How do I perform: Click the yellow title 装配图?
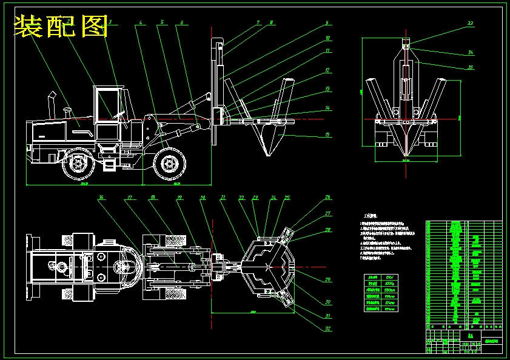coord(61,25)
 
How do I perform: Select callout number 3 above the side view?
coord(109,22)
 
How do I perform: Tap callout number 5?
coord(162,22)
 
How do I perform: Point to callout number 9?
coord(327,23)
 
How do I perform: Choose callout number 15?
coord(327,135)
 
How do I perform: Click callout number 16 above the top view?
coord(101,197)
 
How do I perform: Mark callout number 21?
coord(223,197)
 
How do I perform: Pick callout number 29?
coord(327,279)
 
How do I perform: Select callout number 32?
coord(327,328)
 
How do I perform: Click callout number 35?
coord(471,67)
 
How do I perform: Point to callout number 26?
coord(327,197)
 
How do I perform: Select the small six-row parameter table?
coord(381,293)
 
